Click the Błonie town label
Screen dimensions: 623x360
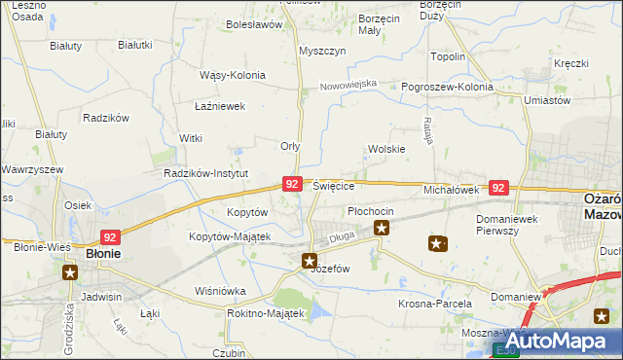(103, 253)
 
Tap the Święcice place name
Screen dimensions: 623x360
(334, 186)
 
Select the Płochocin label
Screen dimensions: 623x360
(371, 211)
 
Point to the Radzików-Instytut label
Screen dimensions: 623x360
(206, 173)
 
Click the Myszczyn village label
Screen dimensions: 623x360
(323, 51)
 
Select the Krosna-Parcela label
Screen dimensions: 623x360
(434, 303)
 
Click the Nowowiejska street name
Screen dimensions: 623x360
(348, 85)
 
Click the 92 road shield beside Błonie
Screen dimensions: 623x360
(111, 235)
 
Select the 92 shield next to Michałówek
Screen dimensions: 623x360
(498, 188)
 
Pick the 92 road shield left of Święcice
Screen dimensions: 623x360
(291, 183)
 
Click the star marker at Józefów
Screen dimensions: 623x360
(310, 260)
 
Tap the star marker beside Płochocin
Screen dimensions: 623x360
(382, 229)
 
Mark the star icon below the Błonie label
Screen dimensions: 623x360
(70, 272)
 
